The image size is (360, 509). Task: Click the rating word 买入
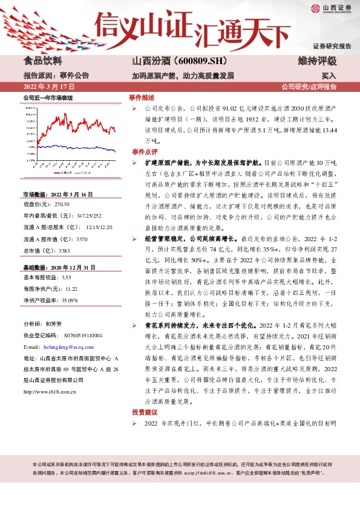[x=329, y=77]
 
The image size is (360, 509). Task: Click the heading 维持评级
[x=317, y=61]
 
